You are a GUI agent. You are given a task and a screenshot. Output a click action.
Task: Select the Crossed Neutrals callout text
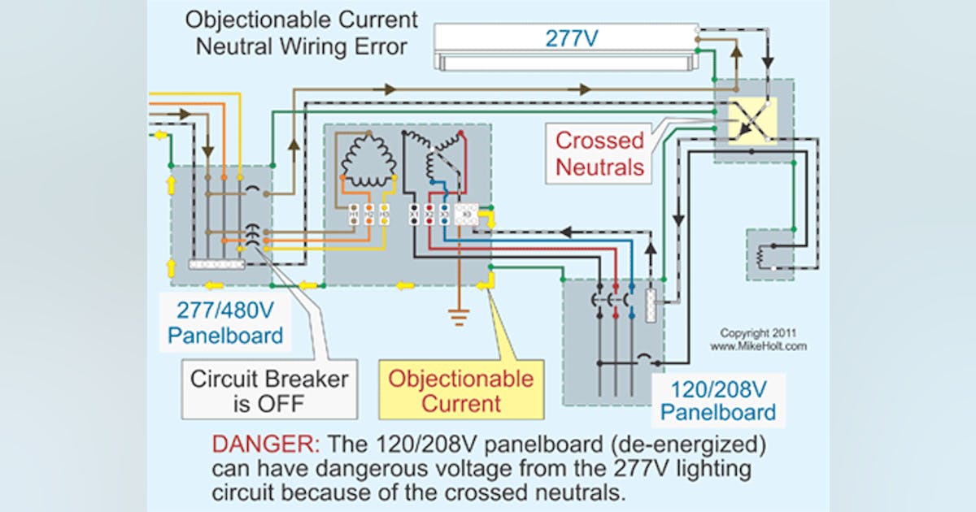point(600,154)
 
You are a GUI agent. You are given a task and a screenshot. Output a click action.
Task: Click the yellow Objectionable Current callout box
point(460,390)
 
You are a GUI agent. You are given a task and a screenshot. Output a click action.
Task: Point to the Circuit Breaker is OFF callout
point(269,390)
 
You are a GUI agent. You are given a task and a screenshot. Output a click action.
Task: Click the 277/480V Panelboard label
point(224,322)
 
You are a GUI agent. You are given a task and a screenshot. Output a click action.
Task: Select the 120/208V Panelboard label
point(717,399)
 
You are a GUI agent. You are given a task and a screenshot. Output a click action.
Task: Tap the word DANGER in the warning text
point(264,445)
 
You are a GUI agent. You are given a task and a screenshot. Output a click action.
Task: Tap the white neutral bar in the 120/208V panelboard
point(651,305)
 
